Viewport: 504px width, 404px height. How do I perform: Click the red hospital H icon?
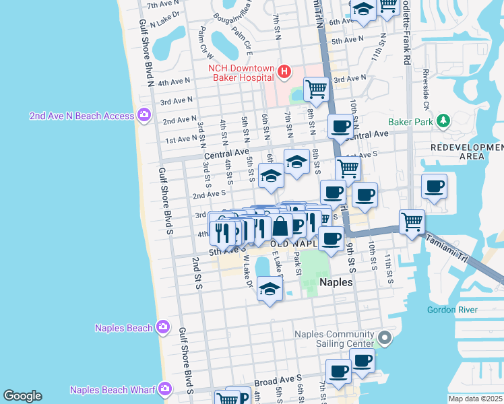click(x=284, y=71)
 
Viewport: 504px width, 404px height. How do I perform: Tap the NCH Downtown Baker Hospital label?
click(x=241, y=73)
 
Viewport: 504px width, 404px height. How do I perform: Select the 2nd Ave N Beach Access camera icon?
click(x=144, y=115)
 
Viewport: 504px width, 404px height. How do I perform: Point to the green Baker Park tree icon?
click(x=443, y=121)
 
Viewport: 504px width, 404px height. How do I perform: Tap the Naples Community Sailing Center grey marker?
click(x=385, y=337)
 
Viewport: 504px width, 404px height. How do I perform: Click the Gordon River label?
click(x=451, y=310)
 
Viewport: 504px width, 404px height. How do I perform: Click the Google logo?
click(x=22, y=396)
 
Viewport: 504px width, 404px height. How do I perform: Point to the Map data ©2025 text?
click(x=474, y=399)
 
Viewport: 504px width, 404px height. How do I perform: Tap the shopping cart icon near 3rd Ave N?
click(x=315, y=88)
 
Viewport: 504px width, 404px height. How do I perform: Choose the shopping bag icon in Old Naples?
click(x=282, y=227)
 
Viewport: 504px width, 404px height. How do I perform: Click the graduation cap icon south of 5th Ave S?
click(x=270, y=290)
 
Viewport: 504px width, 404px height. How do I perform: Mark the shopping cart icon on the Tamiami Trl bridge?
click(x=411, y=222)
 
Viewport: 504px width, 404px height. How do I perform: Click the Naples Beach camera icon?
click(x=162, y=327)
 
